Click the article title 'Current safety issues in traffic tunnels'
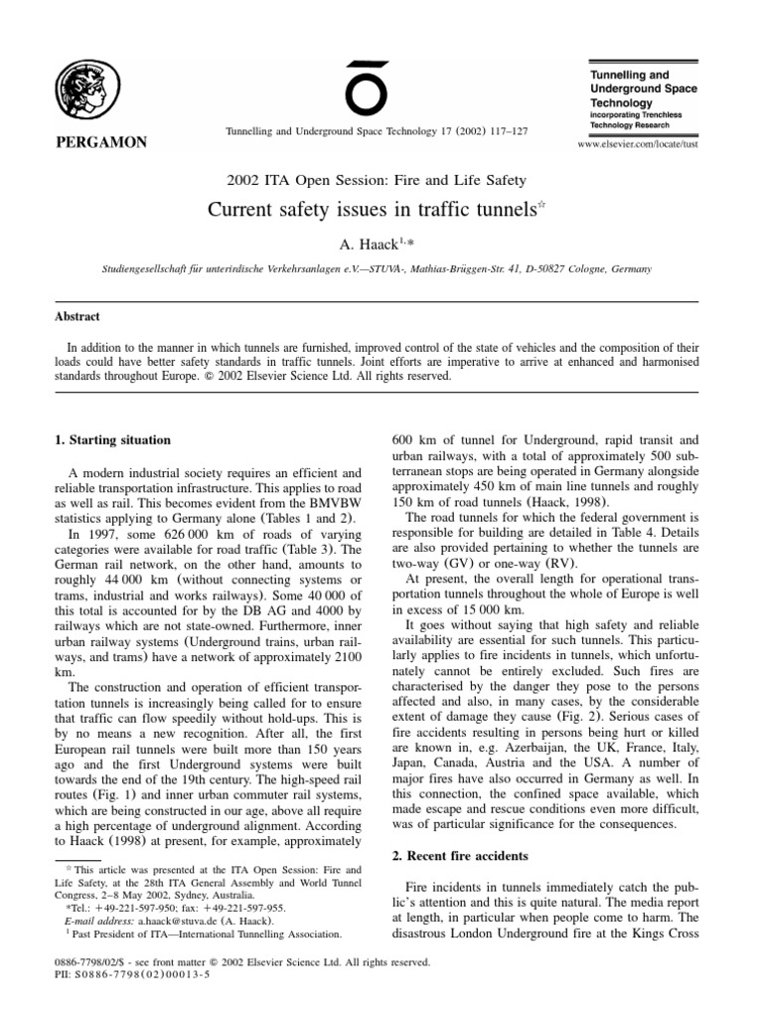[x=369, y=211]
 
